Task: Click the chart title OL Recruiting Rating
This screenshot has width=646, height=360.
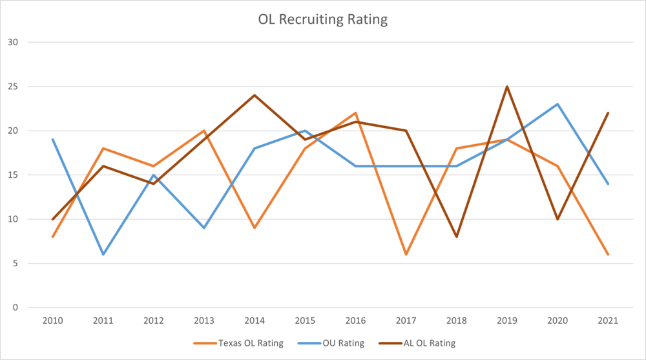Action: [322, 19]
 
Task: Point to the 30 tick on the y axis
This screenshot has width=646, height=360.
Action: [14, 43]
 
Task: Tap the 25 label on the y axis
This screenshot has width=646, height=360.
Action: [14, 87]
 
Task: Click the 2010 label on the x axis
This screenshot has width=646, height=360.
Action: [52, 321]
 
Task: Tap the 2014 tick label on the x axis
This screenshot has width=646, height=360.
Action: [255, 321]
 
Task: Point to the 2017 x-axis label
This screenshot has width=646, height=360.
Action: [406, 321]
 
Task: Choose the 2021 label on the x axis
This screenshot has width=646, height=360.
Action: [608, 321]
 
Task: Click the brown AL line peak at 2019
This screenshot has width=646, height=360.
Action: [507, 87]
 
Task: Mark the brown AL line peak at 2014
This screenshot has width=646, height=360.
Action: [255, 95]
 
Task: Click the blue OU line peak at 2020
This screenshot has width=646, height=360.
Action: [557, 104]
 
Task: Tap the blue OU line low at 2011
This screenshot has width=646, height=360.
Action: [103, 254]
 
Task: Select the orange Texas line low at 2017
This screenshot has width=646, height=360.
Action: [406, 254]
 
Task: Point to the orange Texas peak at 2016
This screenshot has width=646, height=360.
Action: [355, 113]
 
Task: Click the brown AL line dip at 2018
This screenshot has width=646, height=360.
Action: [456, 237]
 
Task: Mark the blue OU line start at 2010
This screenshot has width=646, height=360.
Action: [52, 140]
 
